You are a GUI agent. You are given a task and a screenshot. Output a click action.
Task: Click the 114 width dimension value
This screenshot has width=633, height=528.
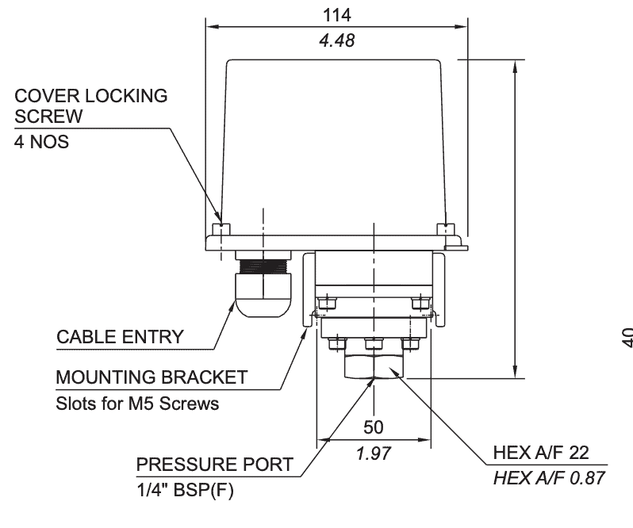pyautogui.click(x=337, y=15)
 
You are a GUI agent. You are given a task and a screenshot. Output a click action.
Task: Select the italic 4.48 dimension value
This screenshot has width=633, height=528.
pyautogui.click(x=337, y=40)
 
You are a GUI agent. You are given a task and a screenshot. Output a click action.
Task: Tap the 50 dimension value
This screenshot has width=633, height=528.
pyautogui.click(x=374, y=427)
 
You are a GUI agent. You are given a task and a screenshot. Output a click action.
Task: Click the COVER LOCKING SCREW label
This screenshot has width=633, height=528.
pyautogui.click(x=91, y=105)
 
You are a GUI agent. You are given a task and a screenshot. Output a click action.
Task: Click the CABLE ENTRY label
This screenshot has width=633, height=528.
pyautogui.click(x=119, y=336)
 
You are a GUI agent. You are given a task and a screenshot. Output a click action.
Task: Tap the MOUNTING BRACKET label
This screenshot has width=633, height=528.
pyautogui.click(x=152, y=377)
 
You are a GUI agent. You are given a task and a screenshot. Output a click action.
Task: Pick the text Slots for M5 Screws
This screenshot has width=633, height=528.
pyautogui.click(x=137, y=403)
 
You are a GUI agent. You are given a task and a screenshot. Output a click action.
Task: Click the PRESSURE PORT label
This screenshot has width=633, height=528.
pyautogui.click(x=214, y=464)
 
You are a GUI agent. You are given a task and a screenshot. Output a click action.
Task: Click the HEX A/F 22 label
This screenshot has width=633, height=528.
pyautogui.click(x=540, y=452)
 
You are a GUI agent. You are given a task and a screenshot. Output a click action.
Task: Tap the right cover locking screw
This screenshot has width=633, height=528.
pyautogui.click(x=445, y=229)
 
